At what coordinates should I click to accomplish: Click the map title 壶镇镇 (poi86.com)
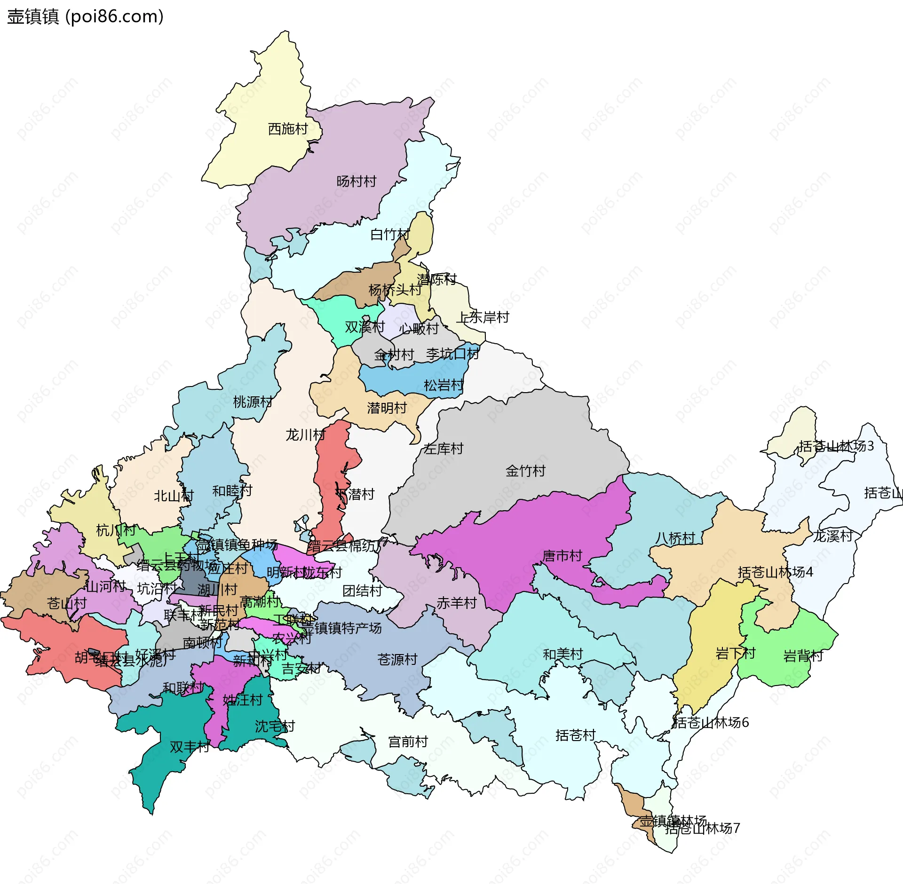tap(85, 16)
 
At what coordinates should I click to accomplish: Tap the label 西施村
tap(287, 128)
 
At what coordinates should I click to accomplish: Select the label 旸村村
tap(356, 181)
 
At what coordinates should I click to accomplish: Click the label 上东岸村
tap(483, 317)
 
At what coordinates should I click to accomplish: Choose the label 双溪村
tap(364, 326)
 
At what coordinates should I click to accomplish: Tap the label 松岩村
tap(443, 385)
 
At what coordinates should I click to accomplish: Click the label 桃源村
tap(253, 402)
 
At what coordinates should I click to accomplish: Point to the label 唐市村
tap(562, 555)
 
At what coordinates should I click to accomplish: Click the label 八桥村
tap(675, 538)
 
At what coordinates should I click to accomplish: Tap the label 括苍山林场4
tap(775, 572)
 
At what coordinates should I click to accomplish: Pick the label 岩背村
tap(803, 655)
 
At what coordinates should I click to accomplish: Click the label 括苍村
tap(575, 735)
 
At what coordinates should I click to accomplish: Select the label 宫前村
tap(408, 742)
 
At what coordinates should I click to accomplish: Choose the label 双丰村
tap(190, 747)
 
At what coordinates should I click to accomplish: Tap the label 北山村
tap(174, 496)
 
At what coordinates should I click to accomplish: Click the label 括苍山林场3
tap(836, 446)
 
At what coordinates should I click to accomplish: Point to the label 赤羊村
tap(456, 602)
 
